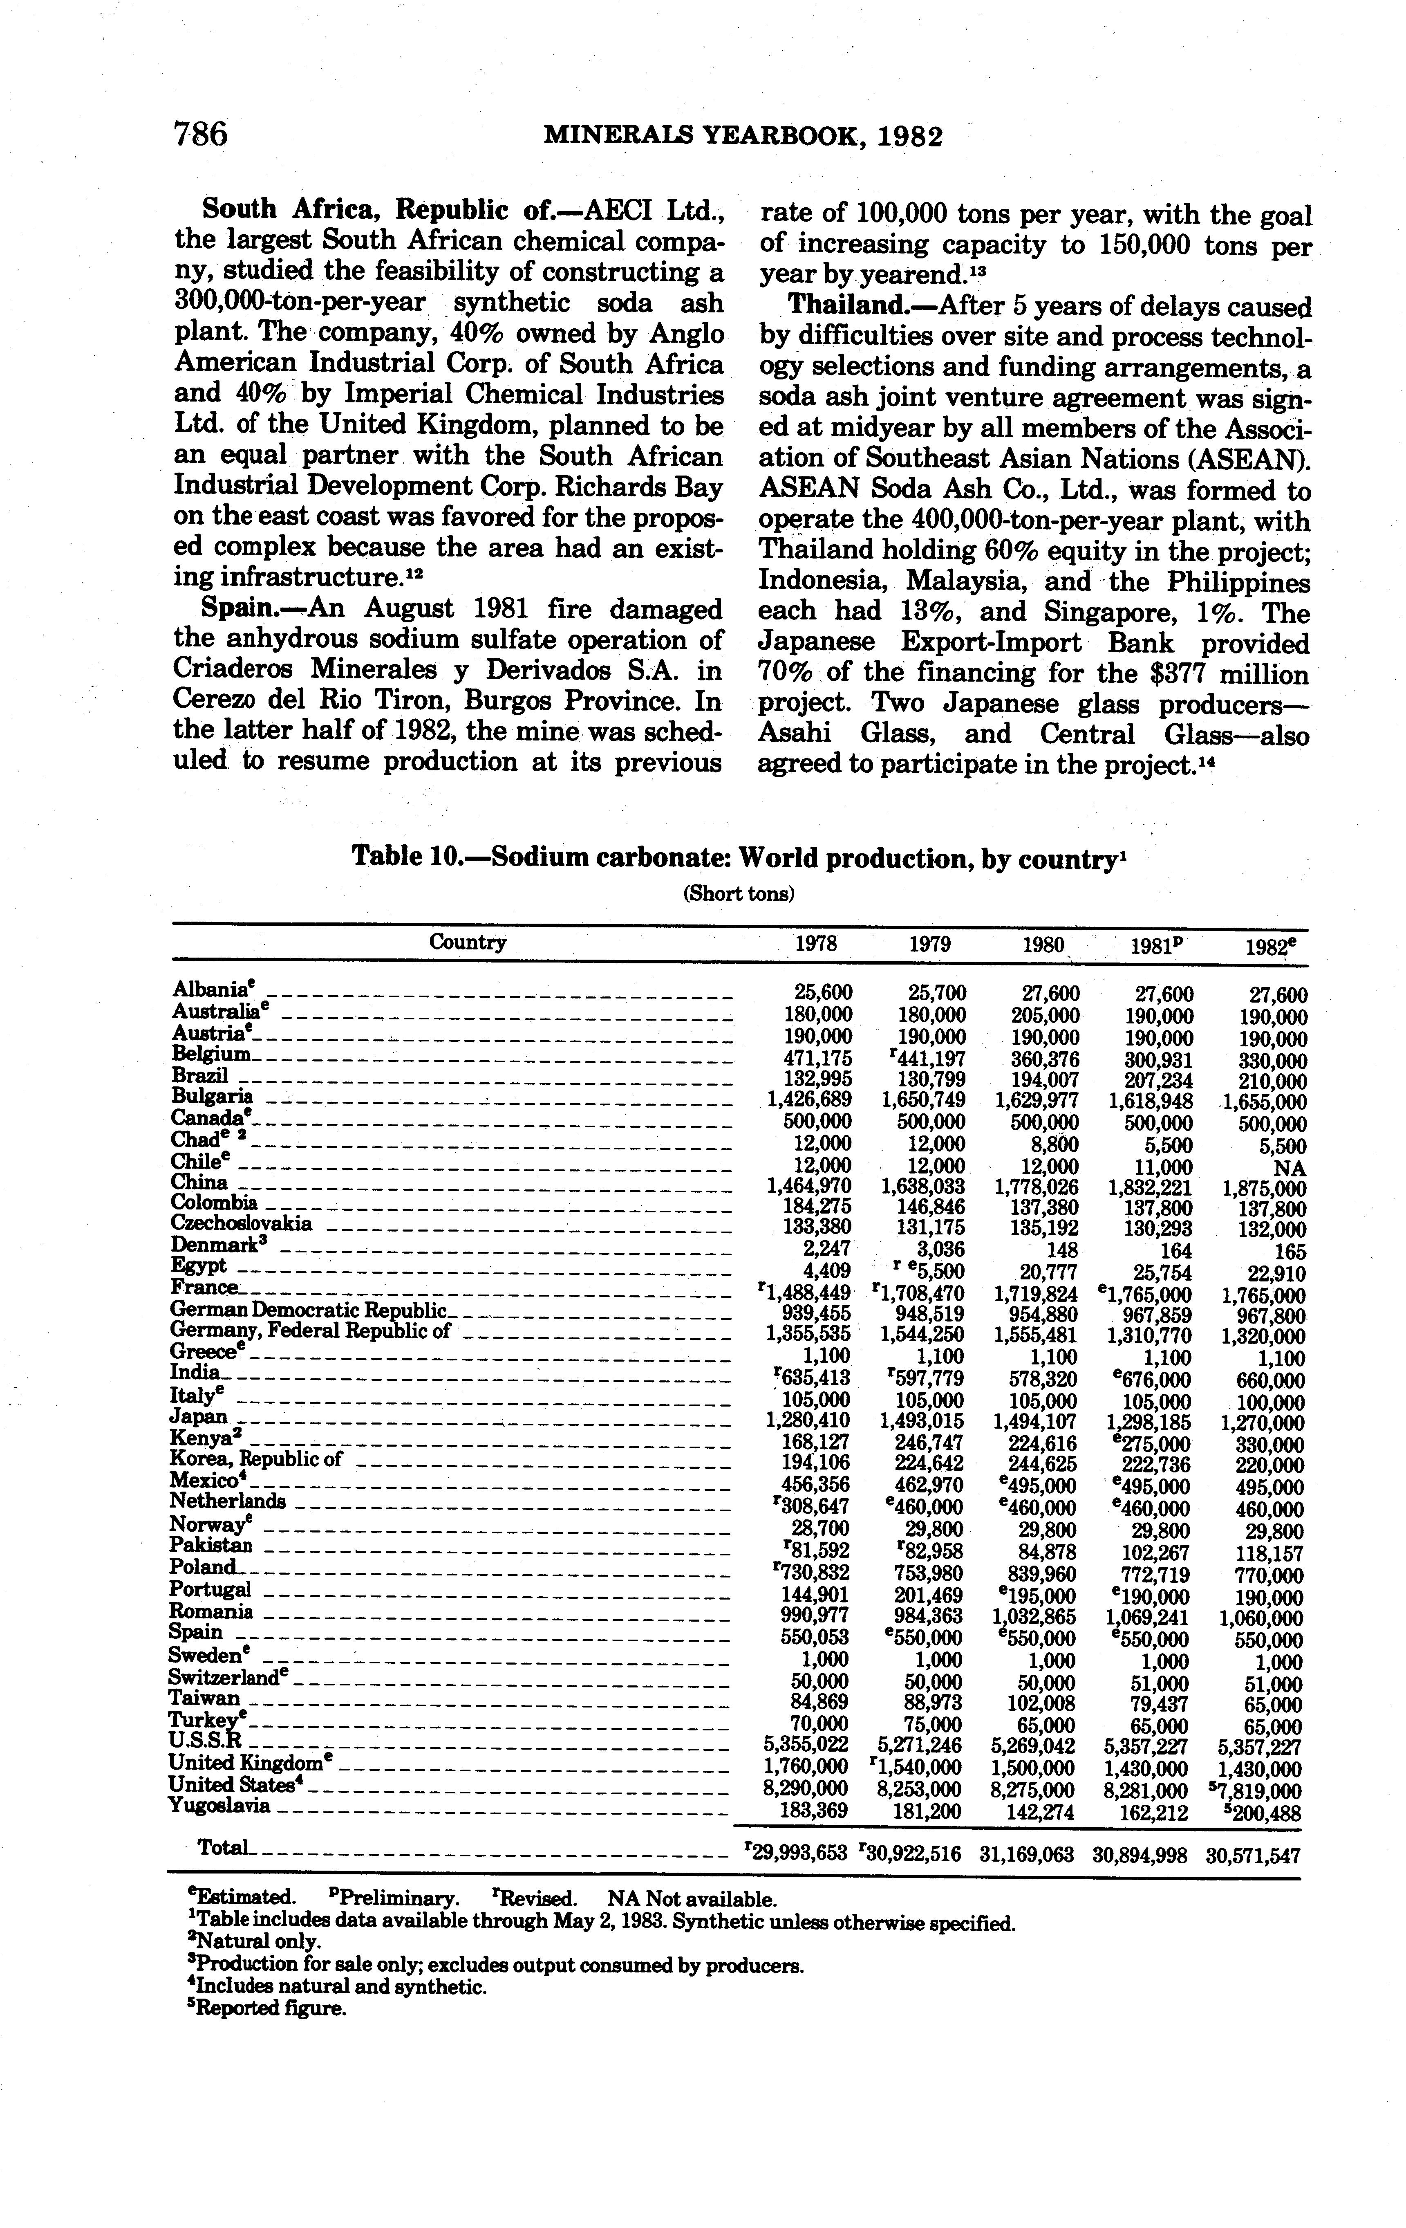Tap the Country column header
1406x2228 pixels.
coord(467,943)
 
